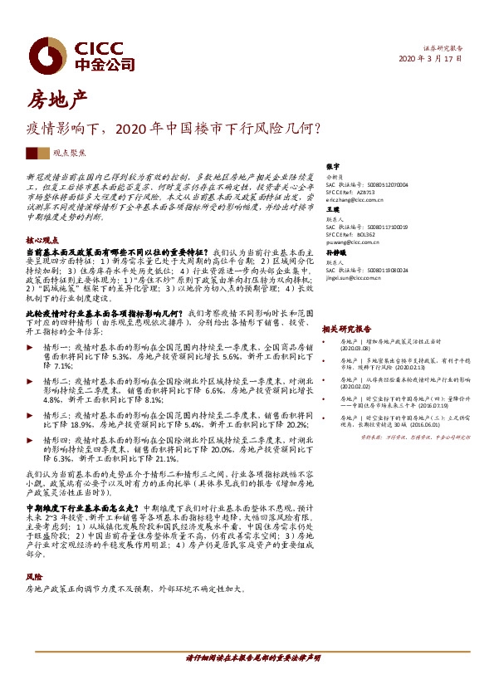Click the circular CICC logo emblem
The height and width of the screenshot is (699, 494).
point(42,53)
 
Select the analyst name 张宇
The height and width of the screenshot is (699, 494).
point(334,166)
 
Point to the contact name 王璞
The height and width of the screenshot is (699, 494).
point(334,210)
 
